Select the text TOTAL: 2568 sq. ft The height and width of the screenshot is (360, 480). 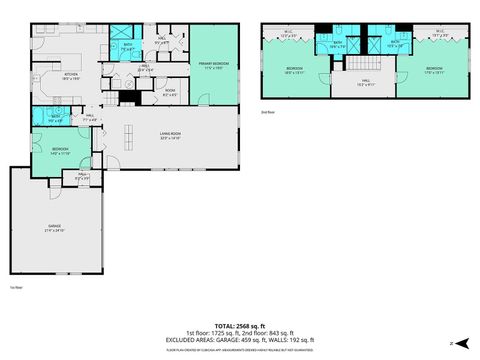(x=240, y=326)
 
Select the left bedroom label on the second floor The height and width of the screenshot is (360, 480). (x=294, y=71)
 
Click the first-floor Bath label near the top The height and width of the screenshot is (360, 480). (x=128, y=46)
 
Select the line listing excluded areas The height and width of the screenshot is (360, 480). (x=240, y=340)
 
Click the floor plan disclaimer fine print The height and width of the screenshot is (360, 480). (x=240, y=350)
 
